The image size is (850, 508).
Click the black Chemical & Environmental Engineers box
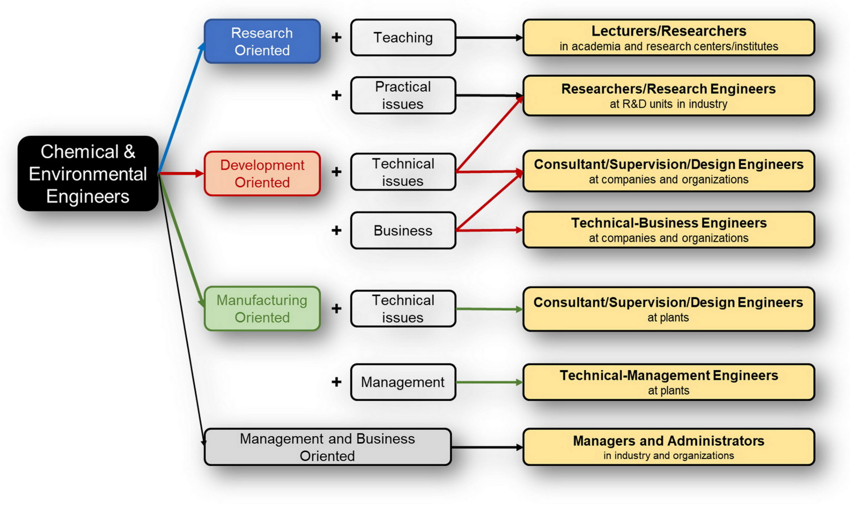tap(88, 174)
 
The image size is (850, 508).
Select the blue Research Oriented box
tap(262, 42)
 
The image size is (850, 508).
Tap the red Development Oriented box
tap(262, 174)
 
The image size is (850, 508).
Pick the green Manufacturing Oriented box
tap(262, 308)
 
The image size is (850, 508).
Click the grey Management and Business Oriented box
tap(327, 447)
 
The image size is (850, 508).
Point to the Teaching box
tap(403, 37)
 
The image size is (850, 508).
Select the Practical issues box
tap(403, 95)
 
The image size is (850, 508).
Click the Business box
tap(403, 230)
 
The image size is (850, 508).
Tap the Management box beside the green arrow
tap(403, 382)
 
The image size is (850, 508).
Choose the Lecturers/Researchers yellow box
tap(668, 37)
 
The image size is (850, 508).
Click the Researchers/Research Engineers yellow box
tap(668, 95)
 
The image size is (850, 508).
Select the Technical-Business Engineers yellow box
tap(668, 230)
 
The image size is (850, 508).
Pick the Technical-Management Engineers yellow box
tap(668, 382)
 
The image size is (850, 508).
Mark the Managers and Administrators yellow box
tap(668, 447)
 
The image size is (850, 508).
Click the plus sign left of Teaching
tap(336, 37)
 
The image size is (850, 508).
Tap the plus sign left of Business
tap(336, 230)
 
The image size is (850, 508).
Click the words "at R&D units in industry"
tap(668, 104)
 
